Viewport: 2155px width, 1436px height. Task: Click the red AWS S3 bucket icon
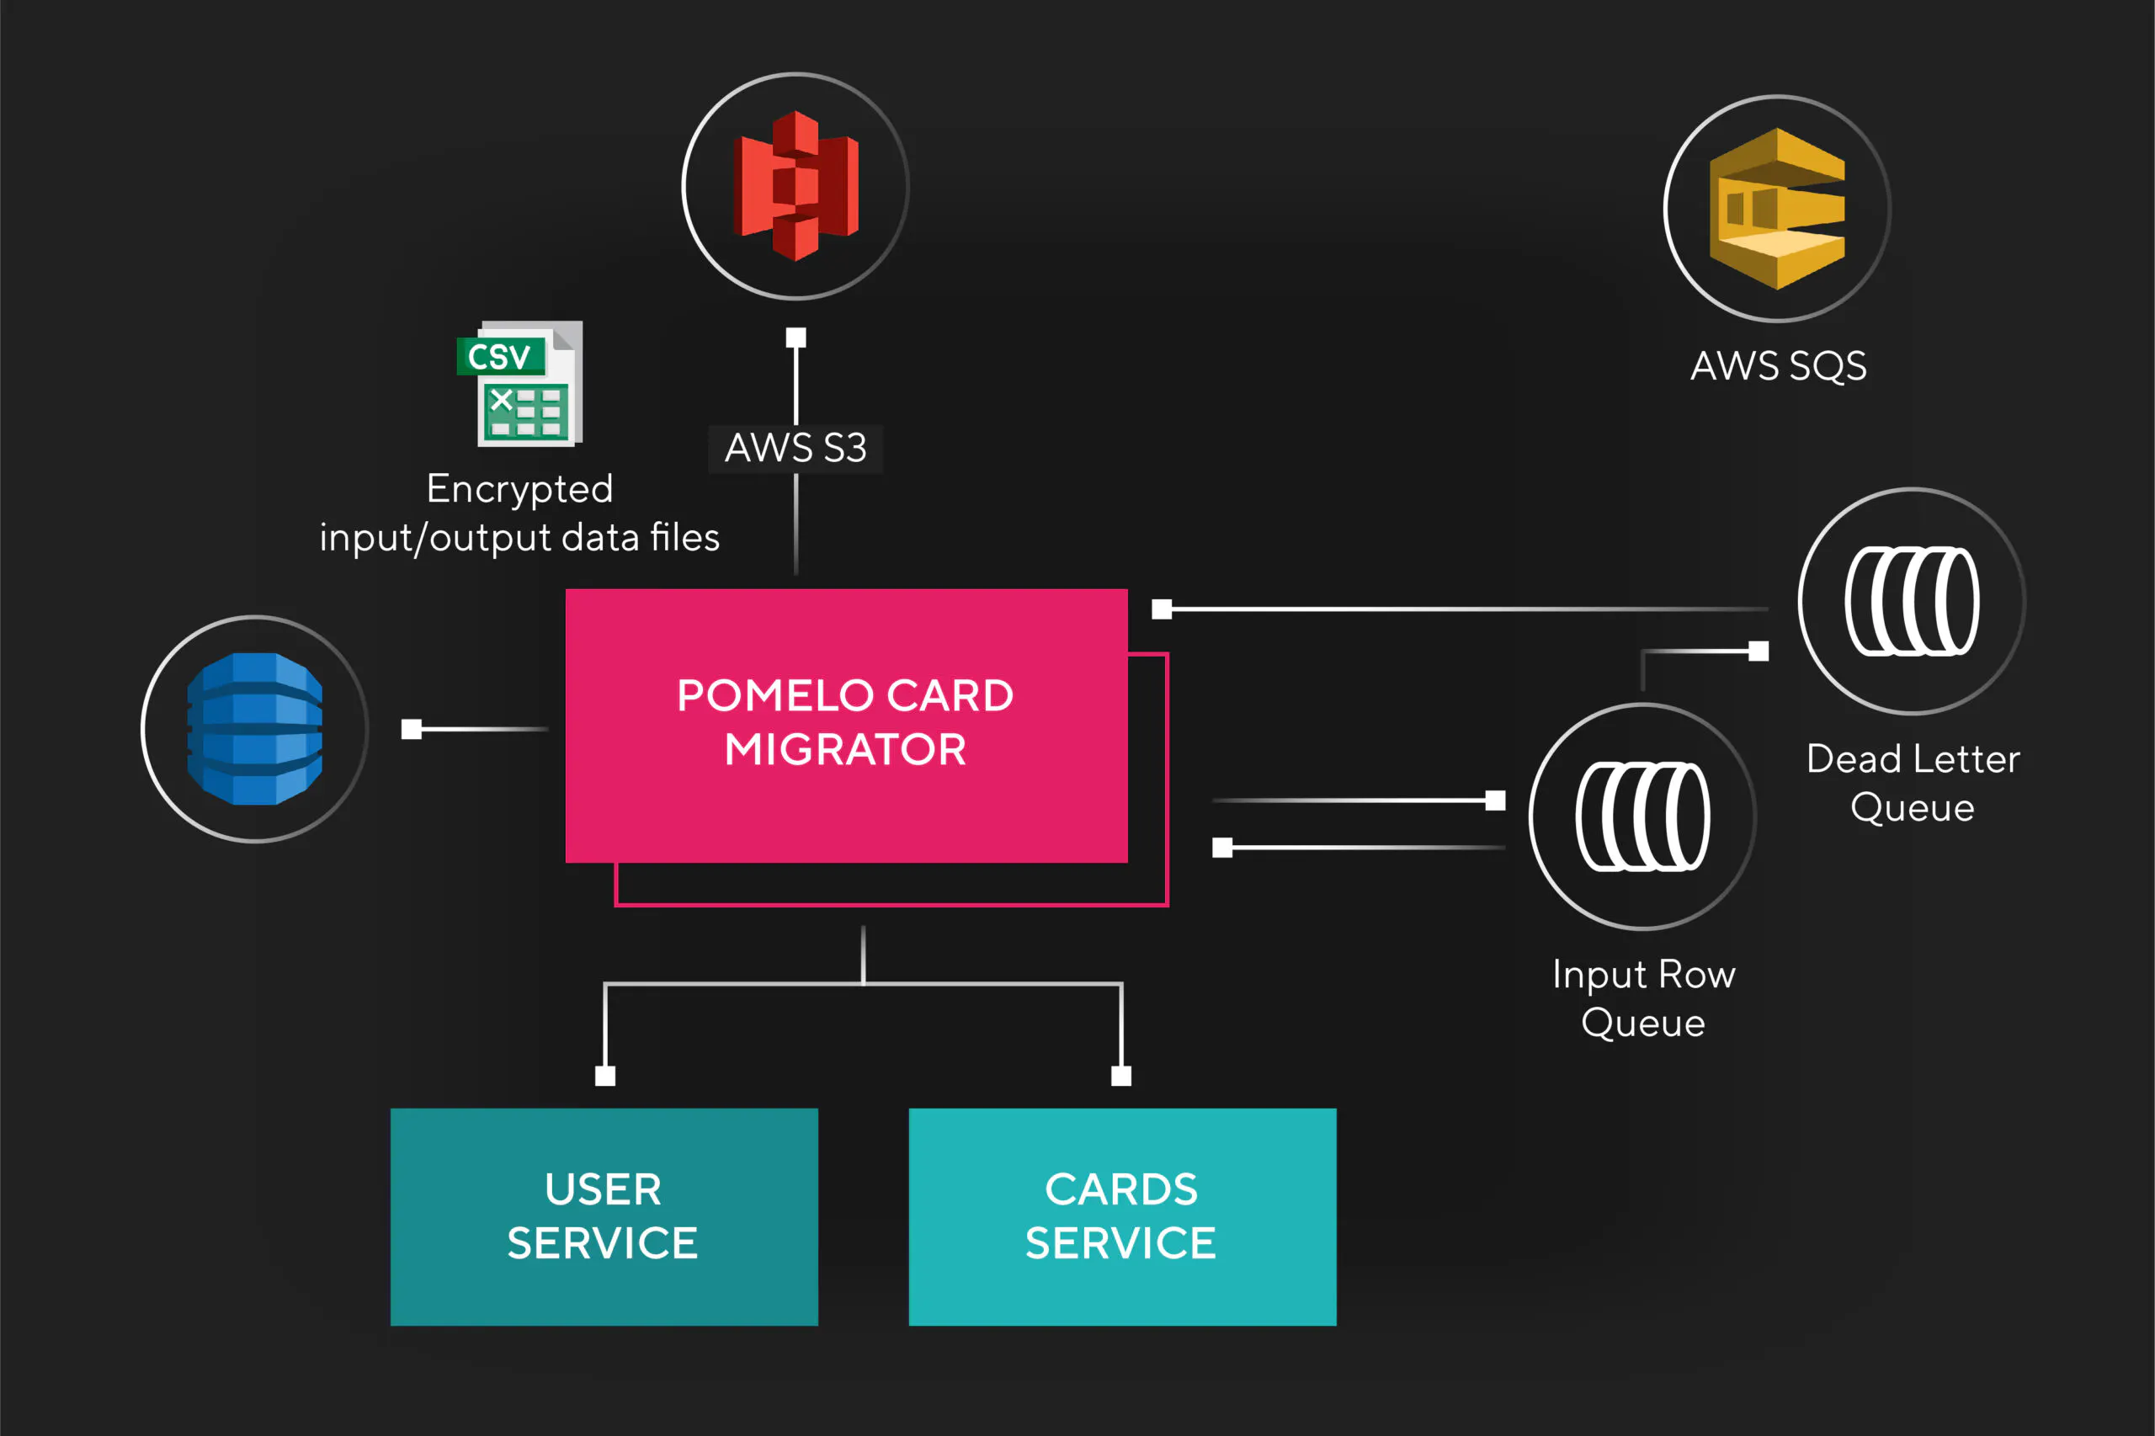pyautogui.click(x=795, y=186)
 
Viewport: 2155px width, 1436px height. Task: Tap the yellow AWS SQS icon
pyautogui.click(x=1777, y=209)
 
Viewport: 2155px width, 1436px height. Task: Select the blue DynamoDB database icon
pyautogui.click(x=254, y=729)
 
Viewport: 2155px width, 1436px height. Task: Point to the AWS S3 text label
pyautogui.click(x=795, y=448)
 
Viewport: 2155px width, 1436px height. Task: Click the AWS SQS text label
pyautogui.click(x=1778, y=366)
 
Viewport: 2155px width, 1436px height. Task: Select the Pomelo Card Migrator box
pyautogui.click(x=845, y=724)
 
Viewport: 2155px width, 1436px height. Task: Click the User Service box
pyautogui.click(x=604, y=1216)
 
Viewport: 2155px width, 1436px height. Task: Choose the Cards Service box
pyautogui.click(x=1122, y=1216)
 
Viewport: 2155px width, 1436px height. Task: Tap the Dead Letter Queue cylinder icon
pyautogui.click(x=1912, y=602)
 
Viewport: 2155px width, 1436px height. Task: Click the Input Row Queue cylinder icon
pyautogui.click(x=1642, y=816)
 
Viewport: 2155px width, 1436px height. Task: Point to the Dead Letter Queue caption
pyautogui.click(x=1913, y=783)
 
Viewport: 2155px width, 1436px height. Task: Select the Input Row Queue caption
pyautogui.click(x=1643, y=998)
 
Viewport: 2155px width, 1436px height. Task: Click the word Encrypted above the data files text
pyautogui.click(x=519, y=489)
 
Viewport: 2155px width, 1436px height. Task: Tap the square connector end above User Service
pyautogui.click(x=605, y=1076)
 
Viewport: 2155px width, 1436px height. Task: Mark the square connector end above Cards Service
pyautogui.click(x=1121, y=1076)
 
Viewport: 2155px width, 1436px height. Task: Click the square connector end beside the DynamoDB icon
pyautogui.click(x=411, y=729)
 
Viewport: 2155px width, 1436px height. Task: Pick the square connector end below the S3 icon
pyautogui.click(x=795, y=338)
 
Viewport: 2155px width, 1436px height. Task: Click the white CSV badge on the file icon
pyautogui.click(x=500, y=356)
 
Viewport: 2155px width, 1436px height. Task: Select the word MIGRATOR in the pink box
pyautogui.click(x=845, y=750)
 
